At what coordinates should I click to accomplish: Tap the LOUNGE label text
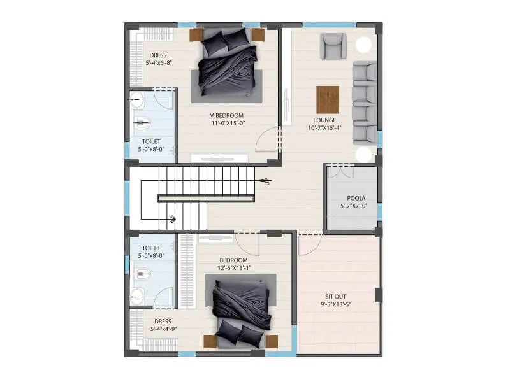click(x=324, y=120)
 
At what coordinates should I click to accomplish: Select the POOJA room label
click(x=352, y=198)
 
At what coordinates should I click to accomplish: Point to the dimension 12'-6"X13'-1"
click(x=233, y=268)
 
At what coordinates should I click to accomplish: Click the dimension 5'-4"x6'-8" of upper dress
click(x=157, y=64)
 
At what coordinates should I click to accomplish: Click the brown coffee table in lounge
click(x=328, y=99)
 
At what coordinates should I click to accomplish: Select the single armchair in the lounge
click(x=333, y=46)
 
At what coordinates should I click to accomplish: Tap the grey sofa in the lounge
click(x=364, y=102)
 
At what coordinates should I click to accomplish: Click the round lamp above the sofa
click(x=364, y=45)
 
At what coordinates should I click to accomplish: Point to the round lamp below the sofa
click(x=364, y=154)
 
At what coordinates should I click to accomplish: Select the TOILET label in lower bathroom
click(x=150, y=248)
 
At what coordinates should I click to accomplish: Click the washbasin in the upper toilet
click(x=137, y=99)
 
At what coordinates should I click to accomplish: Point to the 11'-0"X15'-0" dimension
click(x=228, y=124)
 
